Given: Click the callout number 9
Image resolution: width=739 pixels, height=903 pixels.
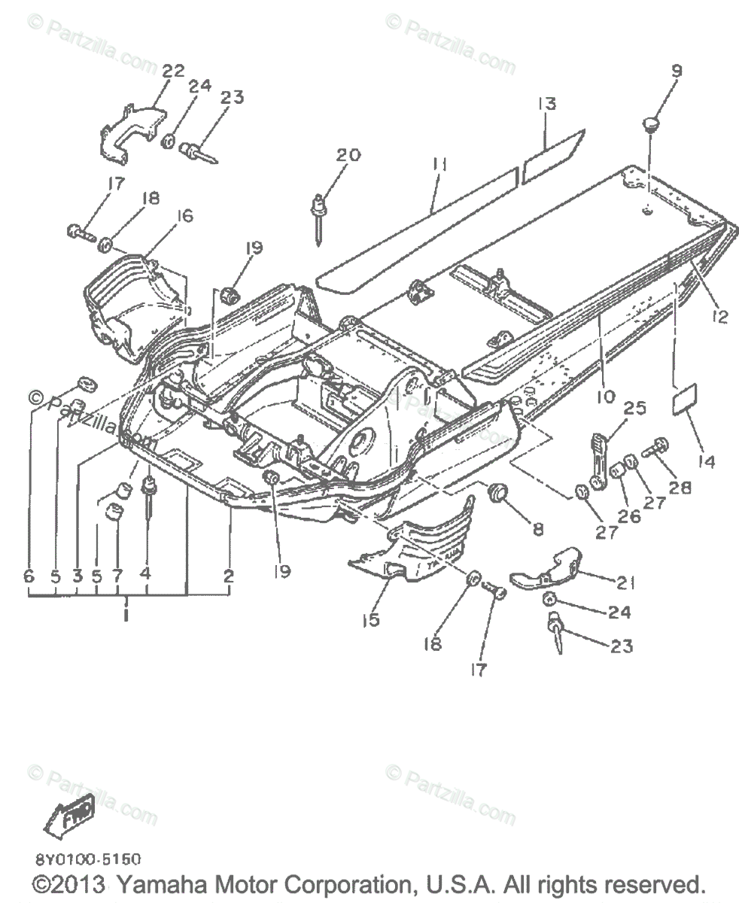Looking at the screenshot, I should pos(677,72).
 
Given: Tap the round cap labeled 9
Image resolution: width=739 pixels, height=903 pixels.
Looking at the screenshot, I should pos(651,123).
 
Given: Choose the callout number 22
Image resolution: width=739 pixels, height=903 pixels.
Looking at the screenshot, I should pos(172,71).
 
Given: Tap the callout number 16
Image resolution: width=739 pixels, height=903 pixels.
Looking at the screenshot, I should pos(183,216).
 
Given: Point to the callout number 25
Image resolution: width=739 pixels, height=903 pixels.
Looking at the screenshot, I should pos(635,409).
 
